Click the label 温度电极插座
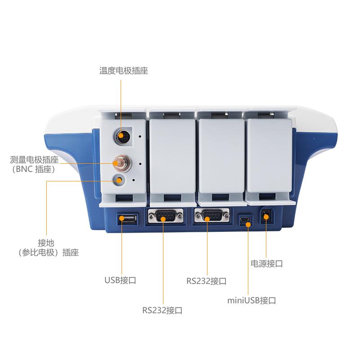click(x=123, y=71)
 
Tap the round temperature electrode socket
click(x=122, y=136)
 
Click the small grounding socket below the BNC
click(x=119, y=180)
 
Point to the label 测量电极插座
click(x=34, y=160)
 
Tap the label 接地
click(x=46, y=243)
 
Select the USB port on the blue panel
click(x=127, y=219)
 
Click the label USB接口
click(x=120, y=280)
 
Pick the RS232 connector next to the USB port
click(x=165, y=216)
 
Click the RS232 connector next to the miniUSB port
click(x=211, y=216)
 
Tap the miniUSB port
click(x=245, y=220)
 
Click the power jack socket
click(x=266, y=216)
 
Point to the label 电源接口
click(x=266, y=263)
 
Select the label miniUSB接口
click(x=252, y=300)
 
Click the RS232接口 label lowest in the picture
click(x=162, y=310)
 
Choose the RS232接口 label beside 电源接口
click(x=207, y=281)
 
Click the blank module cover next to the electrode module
click(x=173, y=157)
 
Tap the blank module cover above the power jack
click(x=269, y=156)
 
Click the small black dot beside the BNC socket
click(x=140, y=164)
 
